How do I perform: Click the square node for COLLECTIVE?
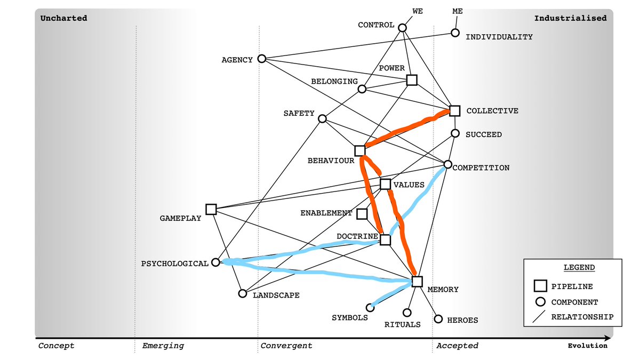(x=454, y=110)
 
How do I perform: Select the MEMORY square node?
(x=417, y=281)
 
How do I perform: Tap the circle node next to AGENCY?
(x=261, y=59)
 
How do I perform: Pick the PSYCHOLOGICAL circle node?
(x=215, y=262)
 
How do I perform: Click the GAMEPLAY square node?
(x=211, y=209)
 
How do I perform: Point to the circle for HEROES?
(x=438, y=319)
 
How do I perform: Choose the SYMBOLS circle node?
(x=370, y=307)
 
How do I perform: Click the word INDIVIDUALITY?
(x=499, y=37)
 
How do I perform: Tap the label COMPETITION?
(x=481, y=168)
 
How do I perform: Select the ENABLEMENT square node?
(x=362, y=214)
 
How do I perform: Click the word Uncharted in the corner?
(x=63, y=18)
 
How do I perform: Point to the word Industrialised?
(x=570, y=18)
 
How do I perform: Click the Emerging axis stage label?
(x=163, y=346)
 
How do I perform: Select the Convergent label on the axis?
(x=286, y=346)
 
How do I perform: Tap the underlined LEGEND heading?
(x=572, y=267)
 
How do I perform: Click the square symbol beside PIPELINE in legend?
(x=540, y=286)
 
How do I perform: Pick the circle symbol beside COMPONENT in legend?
(x=540, y=301)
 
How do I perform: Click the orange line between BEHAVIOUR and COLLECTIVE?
(x=408, y=130)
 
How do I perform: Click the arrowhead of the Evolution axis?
(x=607, y=338)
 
